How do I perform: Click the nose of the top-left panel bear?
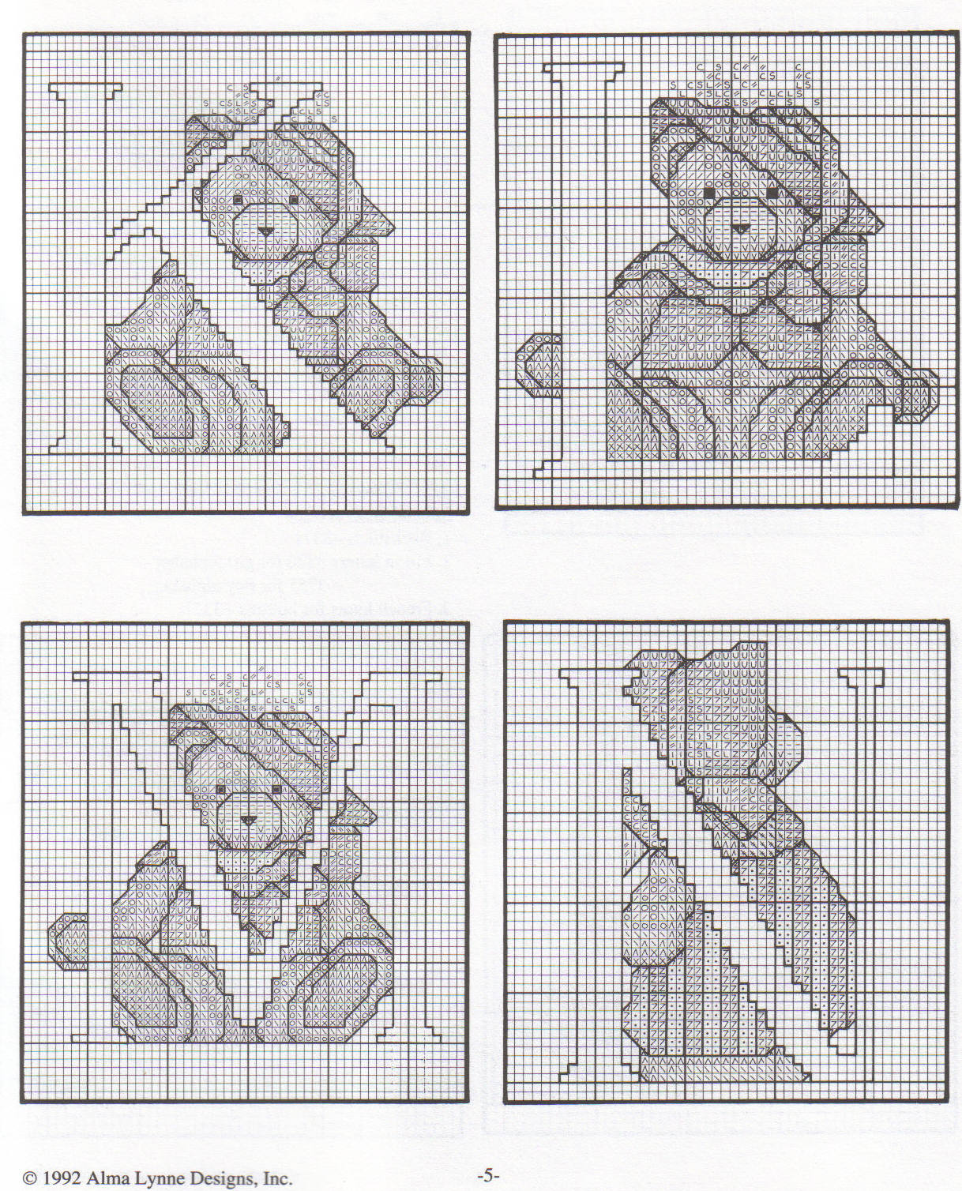click(x=265, y=231)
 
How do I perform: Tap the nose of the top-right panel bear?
click(x=741, y=228)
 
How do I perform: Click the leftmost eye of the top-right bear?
click(x=709, y=193)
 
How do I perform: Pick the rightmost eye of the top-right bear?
click(x=772, y=193)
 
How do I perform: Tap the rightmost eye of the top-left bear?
click(x=293, y=199)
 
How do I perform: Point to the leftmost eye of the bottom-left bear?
click(x=221, y=789)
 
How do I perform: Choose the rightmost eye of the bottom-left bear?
click(x=276, y=789)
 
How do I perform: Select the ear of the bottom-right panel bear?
click(x=788, y=742)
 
